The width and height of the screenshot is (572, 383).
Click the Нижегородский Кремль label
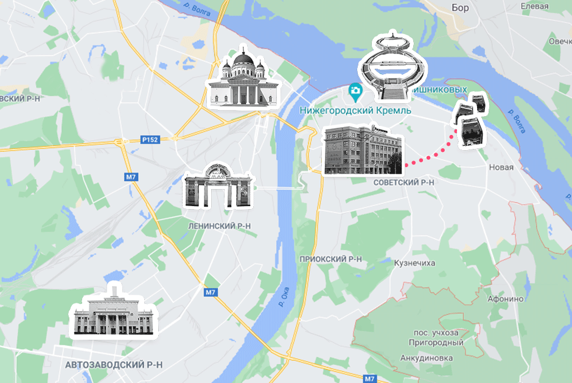(x=356, y=111)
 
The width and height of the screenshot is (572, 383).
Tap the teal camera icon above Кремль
(x=355, y=92)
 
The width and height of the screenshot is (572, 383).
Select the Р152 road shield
(x=149, y=140)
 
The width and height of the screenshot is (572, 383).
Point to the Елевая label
(x=535, y=6)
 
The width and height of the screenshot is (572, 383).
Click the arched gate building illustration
(x=218, y=186)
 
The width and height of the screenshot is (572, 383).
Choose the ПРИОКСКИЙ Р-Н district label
(x=331, y=259)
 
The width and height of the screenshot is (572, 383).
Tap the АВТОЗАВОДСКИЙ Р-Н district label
(x=114, y=365)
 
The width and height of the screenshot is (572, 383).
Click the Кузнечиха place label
(x=415, y=263)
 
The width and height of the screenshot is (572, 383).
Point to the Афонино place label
(x=506, y=298)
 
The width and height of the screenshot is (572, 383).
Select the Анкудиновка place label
(x=427, y=358)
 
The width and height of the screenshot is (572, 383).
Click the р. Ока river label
(x=282, y=297)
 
